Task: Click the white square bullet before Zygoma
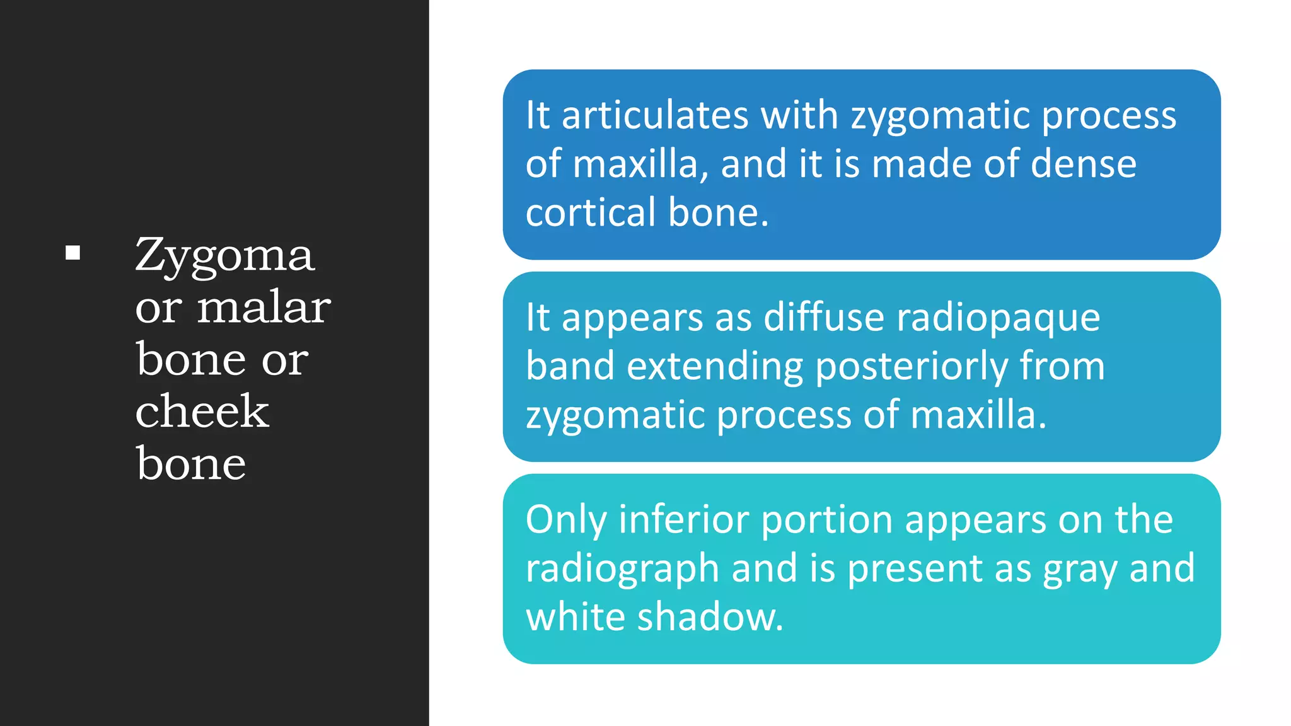tap(73, 253)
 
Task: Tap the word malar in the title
tap(263, 308)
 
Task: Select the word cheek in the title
tap(202, 412)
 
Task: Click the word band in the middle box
tap(570, 366)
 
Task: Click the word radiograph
tap(622, 570)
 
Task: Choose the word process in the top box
tap(1109, 117)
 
